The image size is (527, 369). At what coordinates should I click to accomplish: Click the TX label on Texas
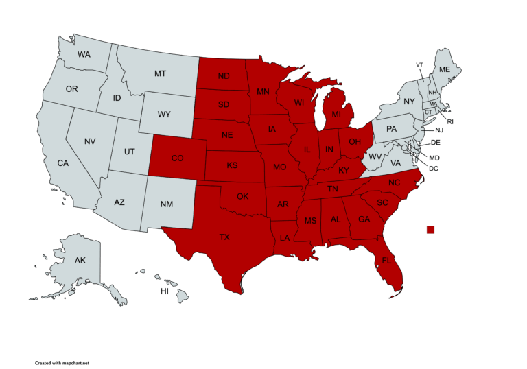(x=224, y=237)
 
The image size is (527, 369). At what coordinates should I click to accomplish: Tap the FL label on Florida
(x=386, y=261)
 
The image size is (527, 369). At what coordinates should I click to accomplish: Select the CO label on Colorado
(x=177, y=158)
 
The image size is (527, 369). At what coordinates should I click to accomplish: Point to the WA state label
(x=84, y=54)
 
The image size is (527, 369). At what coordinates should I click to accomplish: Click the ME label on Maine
(x=445, y=69)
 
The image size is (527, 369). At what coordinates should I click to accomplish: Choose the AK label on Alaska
(x=80, y=261)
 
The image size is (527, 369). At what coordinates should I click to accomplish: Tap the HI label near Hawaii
(x=165, y=291)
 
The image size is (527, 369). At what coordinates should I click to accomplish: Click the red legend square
(x=430, y=229)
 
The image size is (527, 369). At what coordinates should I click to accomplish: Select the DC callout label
(x=434, y=168)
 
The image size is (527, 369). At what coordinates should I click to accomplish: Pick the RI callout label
(x=450, y=121)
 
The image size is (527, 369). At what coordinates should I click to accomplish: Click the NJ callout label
(x=439, y=130)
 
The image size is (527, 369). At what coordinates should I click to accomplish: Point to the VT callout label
(x=419, y=64)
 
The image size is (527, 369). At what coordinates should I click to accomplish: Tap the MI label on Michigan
(x=336, y=114)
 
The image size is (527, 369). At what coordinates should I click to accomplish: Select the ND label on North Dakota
(x=224, y=76)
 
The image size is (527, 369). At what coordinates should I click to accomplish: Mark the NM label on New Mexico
(x=166, y=204)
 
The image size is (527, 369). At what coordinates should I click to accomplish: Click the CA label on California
(x=62, y=163)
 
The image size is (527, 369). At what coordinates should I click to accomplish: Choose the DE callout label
(x=435, y=143)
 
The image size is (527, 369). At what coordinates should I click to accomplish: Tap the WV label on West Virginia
(x=375, y=157)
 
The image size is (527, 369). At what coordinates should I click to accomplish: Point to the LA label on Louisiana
(x=285, y=238)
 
